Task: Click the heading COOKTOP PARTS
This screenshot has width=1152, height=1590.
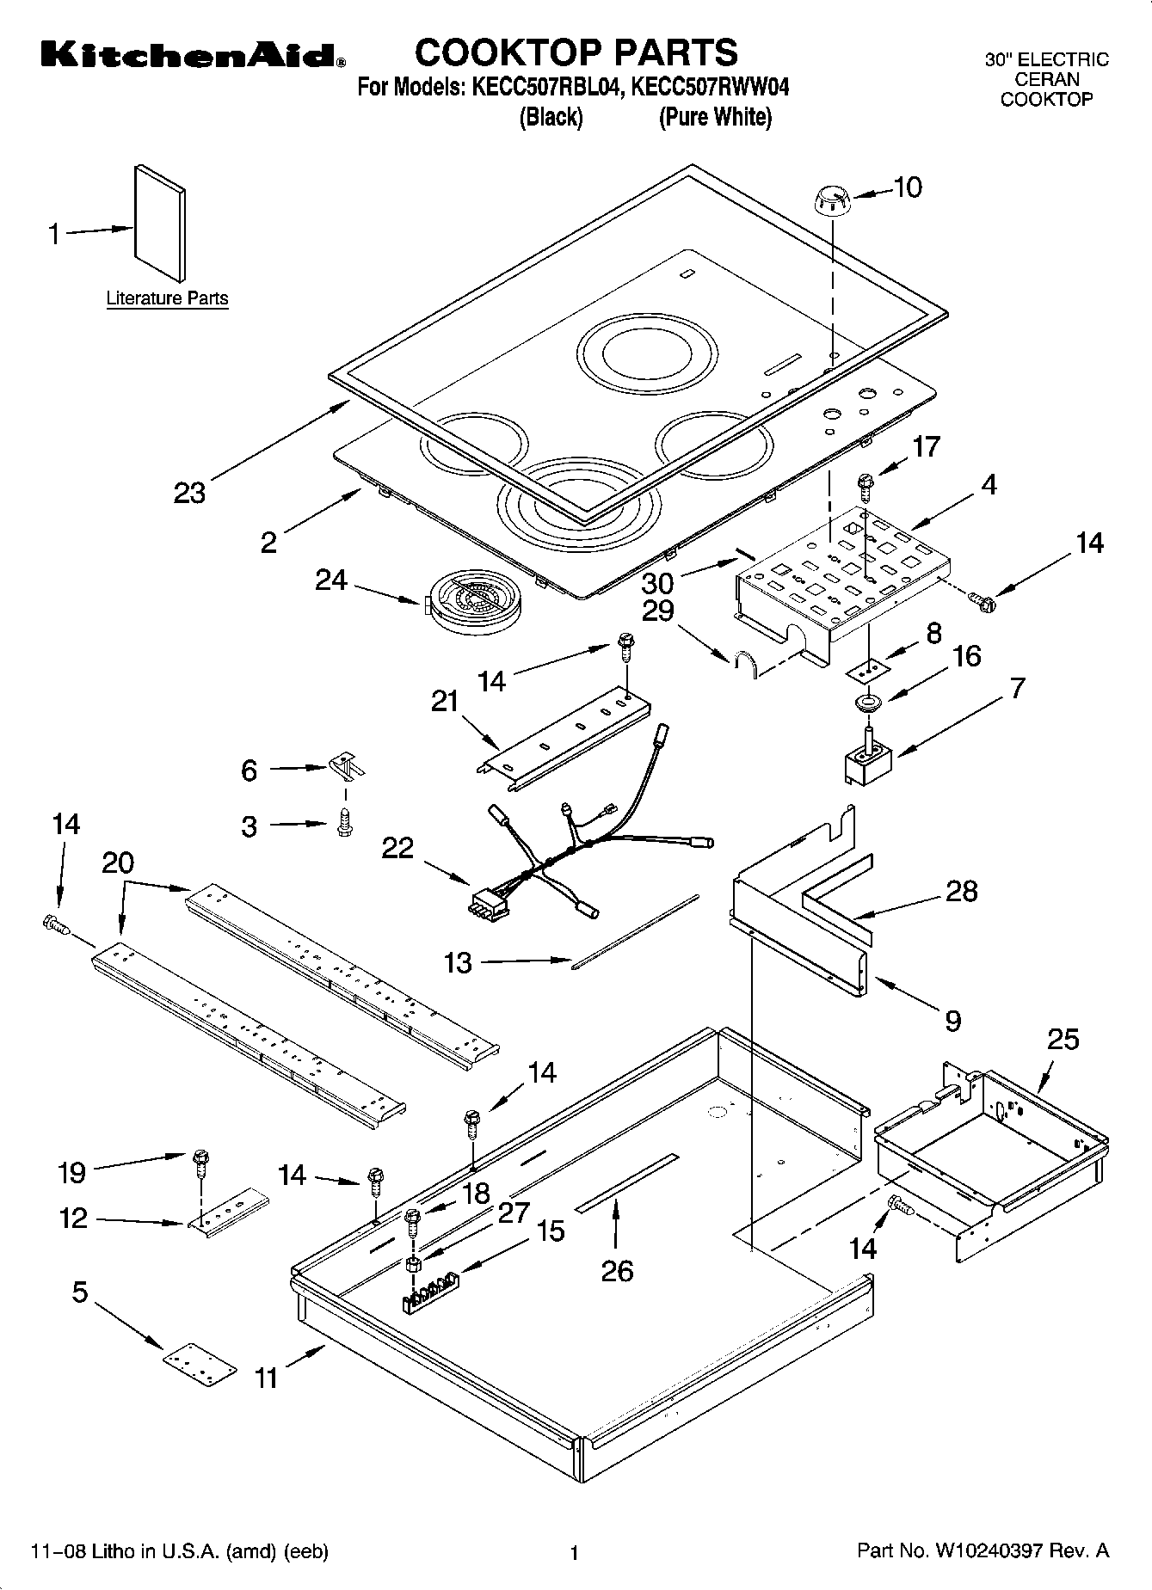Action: [576, 52]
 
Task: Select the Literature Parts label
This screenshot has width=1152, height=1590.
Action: [167, 298]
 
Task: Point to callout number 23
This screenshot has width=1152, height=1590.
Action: [190, 494]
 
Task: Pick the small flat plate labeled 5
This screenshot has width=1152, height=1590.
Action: [200, 1365]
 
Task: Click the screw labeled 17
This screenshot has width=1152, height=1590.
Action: [865, 486]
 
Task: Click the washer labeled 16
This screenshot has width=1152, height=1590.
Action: [868, 703]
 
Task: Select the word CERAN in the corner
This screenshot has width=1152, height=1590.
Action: [1046, 80]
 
